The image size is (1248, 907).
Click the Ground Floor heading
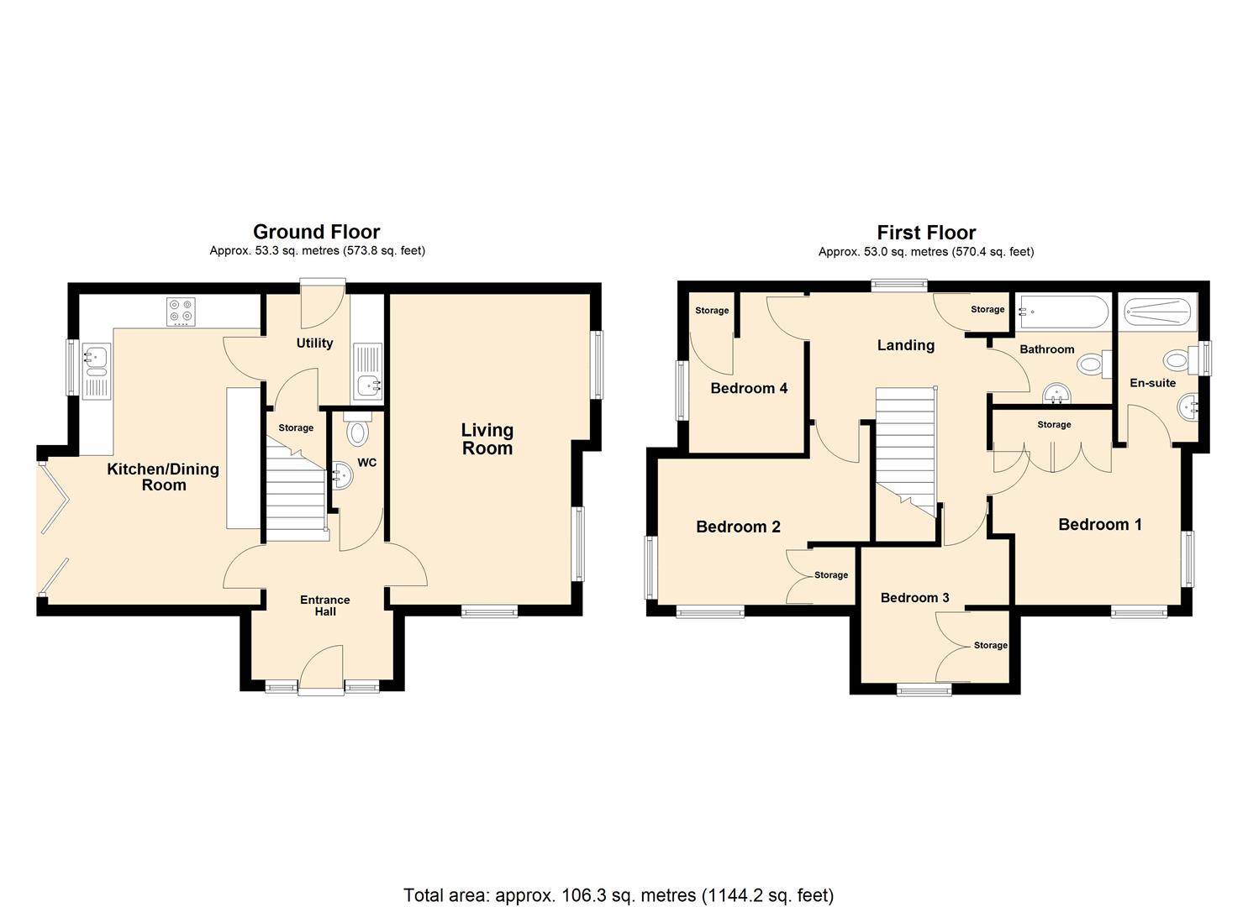pyautogui.click(x=316, y=232)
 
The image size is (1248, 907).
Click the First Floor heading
pyautogui.click(x=926, y=233)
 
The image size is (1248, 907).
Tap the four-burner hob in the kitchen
pyautogui.click(x=181, y=312)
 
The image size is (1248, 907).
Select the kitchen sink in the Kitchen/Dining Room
pyautogui.click(x=95, y=370)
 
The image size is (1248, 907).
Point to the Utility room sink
pyautogui.click(x=368, y=371)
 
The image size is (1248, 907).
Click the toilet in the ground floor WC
pyautogui.click(x=357, y=430)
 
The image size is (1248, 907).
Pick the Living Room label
pyautogui.click(x=487, y=439)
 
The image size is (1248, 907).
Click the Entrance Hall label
pyautogui.click(x=324, y=606)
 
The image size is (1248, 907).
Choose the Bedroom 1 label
pyautogui.click(x=1099, y=525)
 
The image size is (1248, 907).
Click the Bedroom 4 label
pyautogui.click(x=749, y=388)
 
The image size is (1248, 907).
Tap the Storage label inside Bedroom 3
pyautogui.click(x=990, y=645)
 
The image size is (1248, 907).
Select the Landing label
pyautogui.click(x=905, y=345)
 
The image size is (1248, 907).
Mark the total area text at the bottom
pyautogui.click(x=619, y=895)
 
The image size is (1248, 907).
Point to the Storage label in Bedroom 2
pyautogui.click(x=830, y=575)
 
